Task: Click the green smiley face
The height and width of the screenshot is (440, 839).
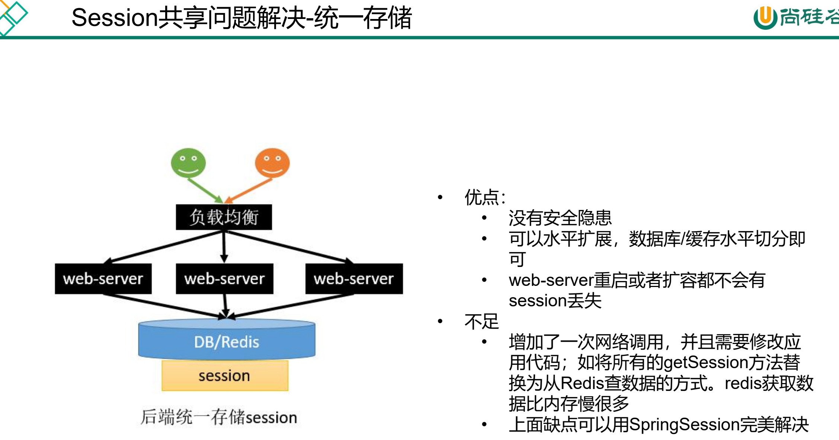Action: pos(188,163)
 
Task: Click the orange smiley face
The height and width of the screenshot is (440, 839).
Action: pos(272,163)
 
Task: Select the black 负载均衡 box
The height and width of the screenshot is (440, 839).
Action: pos(224,217)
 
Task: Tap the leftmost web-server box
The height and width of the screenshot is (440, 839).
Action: pos(103,279)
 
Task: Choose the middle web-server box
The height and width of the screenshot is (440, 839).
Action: pos(224,279)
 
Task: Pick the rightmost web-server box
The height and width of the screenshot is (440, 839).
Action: pos(354,279)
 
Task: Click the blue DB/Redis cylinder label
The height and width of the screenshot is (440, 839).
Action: pos(227,342)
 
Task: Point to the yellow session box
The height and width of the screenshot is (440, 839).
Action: pos(225,376)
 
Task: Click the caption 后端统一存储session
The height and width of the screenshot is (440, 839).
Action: pos(219,417)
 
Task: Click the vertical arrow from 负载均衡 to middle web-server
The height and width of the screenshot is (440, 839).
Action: pos(224,246)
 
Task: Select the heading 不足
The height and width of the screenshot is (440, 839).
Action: pos(481,322)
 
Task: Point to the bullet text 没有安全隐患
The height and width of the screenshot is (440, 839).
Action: pos(560,218)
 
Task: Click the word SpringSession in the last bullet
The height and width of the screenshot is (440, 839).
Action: pos(684,425)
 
